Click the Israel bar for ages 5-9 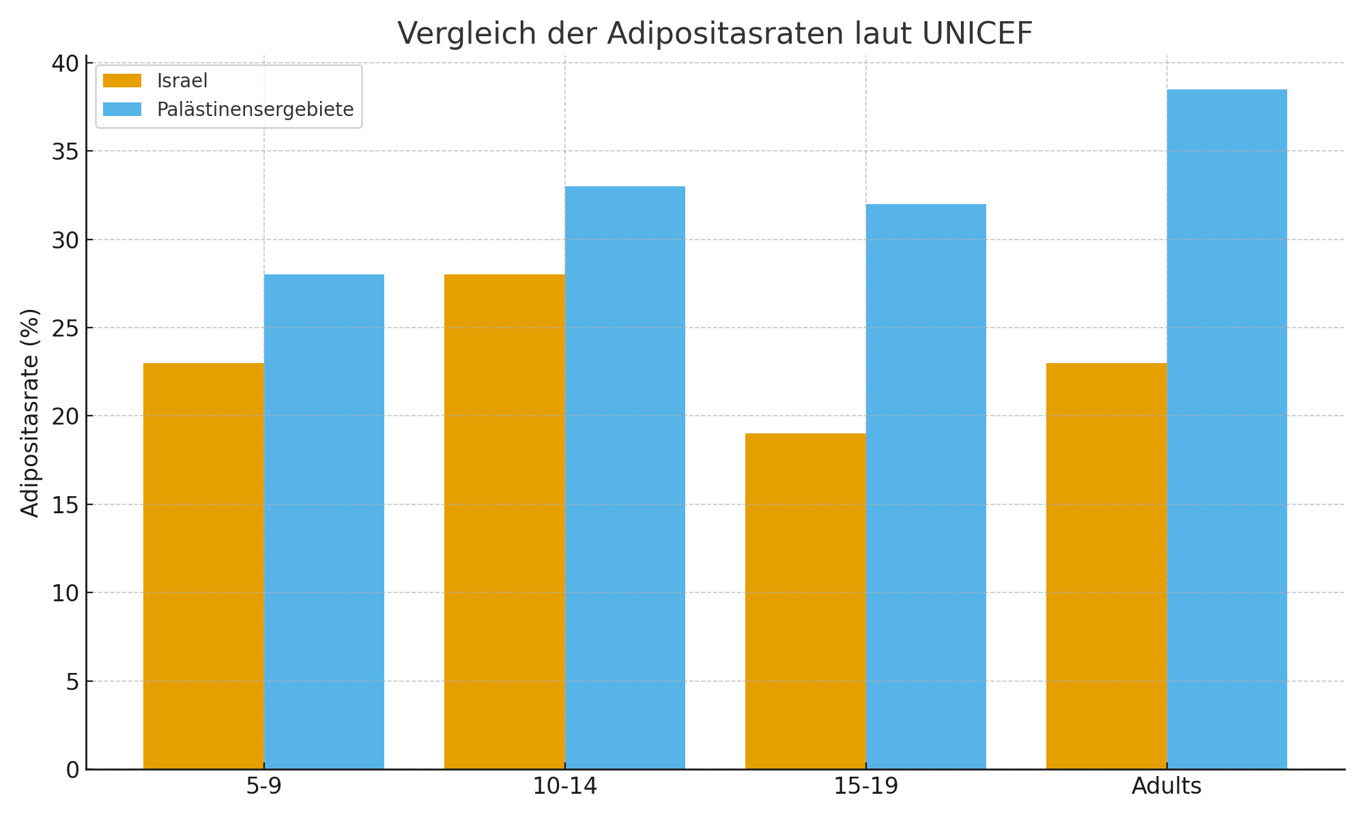(203, 566)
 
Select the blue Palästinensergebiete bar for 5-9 (324, 521)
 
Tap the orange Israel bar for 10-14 (504, 521)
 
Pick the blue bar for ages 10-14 (625, 478)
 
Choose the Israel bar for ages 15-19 (805, 601)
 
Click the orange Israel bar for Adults (1106, 566)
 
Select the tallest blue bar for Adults (1227, 429)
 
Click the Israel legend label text (182, 81)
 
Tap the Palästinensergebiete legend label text (255, 109)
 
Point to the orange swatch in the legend (122, 81)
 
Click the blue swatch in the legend (122, 109)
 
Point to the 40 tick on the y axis (66, 63)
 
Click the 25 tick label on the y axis (66, 328)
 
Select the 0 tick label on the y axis (73, 770)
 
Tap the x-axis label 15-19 (866, 787)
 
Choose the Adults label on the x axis (1166, 787)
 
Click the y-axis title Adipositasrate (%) (31, 413)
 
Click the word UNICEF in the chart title (977, 33)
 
